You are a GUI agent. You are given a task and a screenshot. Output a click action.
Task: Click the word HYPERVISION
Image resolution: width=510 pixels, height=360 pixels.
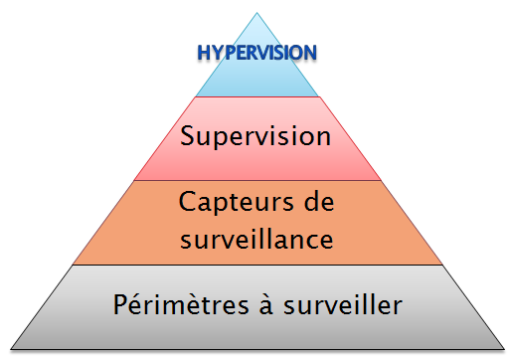pyautogui.click(x=257, y=52)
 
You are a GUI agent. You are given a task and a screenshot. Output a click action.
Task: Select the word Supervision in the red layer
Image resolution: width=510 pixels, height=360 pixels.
pyautogui.click(x=255, y=135)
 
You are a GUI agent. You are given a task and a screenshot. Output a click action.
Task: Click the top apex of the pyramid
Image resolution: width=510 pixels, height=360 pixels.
pyautogui.click(x=256, y=13)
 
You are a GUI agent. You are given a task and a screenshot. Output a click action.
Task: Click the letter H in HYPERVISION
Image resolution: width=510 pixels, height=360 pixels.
pyautogui.click(x=203, y=52)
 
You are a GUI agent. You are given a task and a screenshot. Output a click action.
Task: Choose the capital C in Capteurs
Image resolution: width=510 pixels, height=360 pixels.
pyautogui.click(x=187, y=202)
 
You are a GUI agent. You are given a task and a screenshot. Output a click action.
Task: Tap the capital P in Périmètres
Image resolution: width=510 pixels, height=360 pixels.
pyautogui.click(x=118, y=303)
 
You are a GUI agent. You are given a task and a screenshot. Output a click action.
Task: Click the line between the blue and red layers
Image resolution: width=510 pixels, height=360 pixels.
pyautogui.click(x=256, y=96)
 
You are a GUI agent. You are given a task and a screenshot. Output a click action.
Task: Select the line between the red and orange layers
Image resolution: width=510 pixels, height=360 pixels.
pyautogui.click(x=256, y=180)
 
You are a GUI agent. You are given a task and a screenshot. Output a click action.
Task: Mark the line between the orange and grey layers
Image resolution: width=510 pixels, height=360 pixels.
pyautogui.click(x=256, y=265)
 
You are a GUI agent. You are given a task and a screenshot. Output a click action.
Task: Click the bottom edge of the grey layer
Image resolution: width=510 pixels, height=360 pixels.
pyautogui.click(x=256, y=350)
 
